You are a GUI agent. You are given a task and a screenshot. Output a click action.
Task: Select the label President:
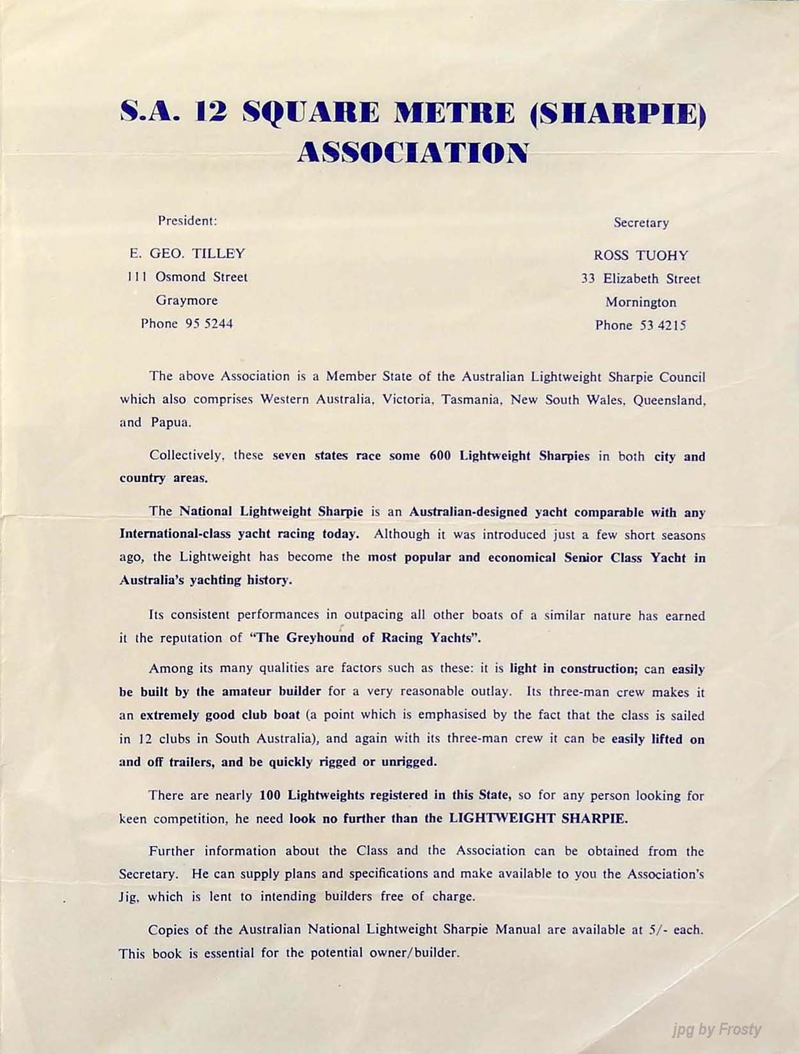187,221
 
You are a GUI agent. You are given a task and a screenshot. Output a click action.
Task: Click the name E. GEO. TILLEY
187,254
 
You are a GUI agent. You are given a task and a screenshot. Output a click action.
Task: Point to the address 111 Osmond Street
187,277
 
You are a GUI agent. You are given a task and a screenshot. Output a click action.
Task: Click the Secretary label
641,223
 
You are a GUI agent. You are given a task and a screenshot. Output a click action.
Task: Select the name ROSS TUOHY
641,256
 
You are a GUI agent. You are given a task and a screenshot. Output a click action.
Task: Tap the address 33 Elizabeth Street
641,279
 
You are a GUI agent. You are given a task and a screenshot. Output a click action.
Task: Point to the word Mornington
641,302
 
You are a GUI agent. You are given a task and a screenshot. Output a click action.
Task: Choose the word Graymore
187,300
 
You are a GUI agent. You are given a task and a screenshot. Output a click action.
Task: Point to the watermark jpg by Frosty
717,1029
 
